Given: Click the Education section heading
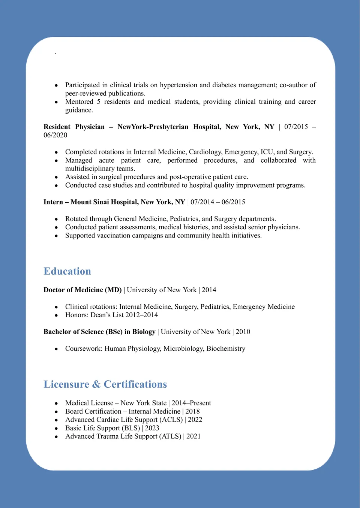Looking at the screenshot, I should (x=67, y=271).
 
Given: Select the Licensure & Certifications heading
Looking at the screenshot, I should (x=105, y=384).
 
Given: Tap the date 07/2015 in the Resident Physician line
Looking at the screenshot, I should (x=296, y=127).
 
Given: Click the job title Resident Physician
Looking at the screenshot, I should (x=74, y=127).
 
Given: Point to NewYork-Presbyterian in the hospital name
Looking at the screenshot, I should (x=153, y=127).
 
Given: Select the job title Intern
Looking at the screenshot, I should (x=53, y=202).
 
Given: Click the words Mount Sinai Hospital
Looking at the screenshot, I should (x=105, y=202).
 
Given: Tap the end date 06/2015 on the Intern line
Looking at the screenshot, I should (x=233, y=202).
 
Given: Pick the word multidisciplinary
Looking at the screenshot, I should (x=90, y=169).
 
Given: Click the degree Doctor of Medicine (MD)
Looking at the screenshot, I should (x=82, y=290).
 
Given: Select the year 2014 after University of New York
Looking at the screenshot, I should (x=209, y=290).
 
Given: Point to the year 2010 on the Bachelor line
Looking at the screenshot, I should (x=243, y=332).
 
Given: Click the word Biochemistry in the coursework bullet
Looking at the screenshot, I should (x=226, y=348).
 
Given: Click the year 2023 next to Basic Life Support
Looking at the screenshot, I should (x=152, y=428).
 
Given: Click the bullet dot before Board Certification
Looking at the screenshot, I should (x=56, y=412).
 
